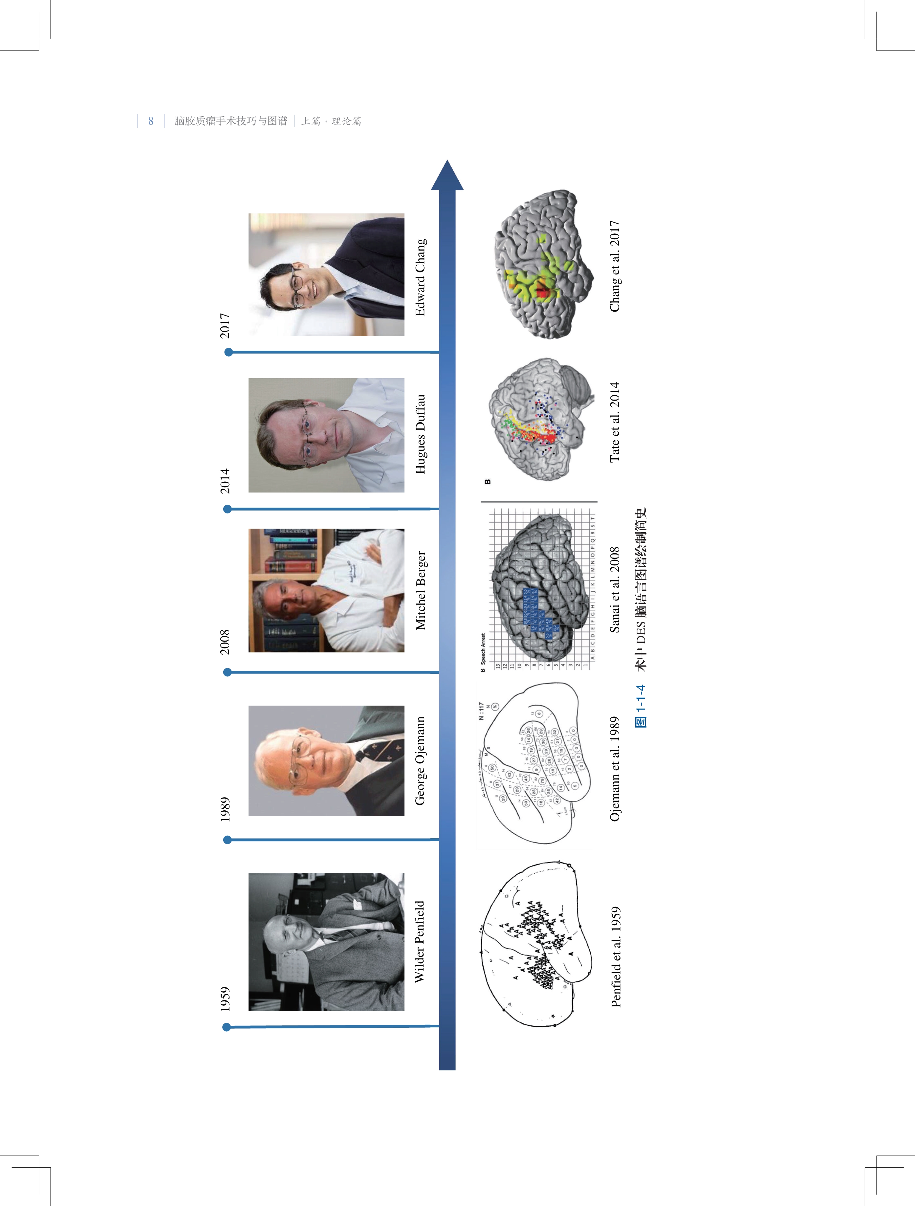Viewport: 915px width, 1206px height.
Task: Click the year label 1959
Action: click(225, 998)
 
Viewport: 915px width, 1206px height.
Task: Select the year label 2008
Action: click(225, 642)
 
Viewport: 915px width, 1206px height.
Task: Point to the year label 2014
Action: click(225, 481)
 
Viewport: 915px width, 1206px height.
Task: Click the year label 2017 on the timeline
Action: click(225, 325)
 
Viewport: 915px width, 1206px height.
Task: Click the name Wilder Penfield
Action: click(419, 942)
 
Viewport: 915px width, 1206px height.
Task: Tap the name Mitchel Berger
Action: click(420, 590)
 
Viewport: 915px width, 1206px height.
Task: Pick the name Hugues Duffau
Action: click(420, 434)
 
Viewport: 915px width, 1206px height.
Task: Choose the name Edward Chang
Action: click(420, 277)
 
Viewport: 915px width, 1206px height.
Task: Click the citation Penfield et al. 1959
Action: click(615, 957)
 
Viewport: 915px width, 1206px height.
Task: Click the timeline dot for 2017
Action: click(229, 352)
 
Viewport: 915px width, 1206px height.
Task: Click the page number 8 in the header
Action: click(151, 121)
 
